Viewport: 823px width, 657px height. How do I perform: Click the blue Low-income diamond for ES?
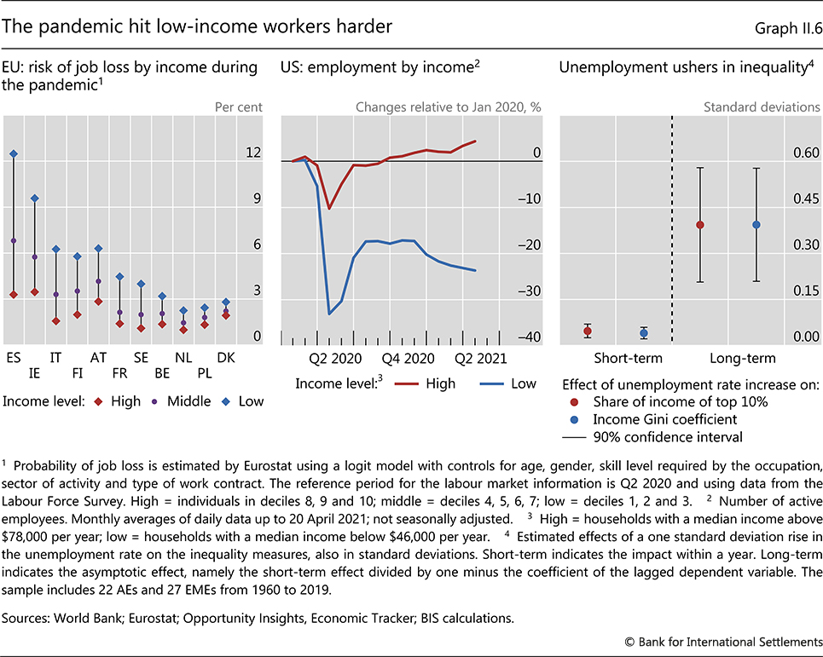click(x=14, y=154)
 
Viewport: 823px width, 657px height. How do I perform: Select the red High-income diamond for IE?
click(x=35, y=292)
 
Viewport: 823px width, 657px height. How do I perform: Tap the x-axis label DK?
click(x=226, y=355)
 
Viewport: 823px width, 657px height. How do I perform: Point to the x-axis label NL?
click(x=183, y=355)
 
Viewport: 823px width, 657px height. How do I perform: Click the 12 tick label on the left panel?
click(x=252, y=153)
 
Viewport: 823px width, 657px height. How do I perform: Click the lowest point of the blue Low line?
click(x=330, y=314)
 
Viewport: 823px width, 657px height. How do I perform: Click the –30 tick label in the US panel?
click(x=532, y=291)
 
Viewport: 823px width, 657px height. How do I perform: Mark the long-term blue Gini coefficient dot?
click(x=756, y=225)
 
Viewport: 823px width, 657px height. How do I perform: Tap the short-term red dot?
click(x=588, y=331)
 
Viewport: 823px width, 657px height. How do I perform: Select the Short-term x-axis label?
click(x=616, y=358)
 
